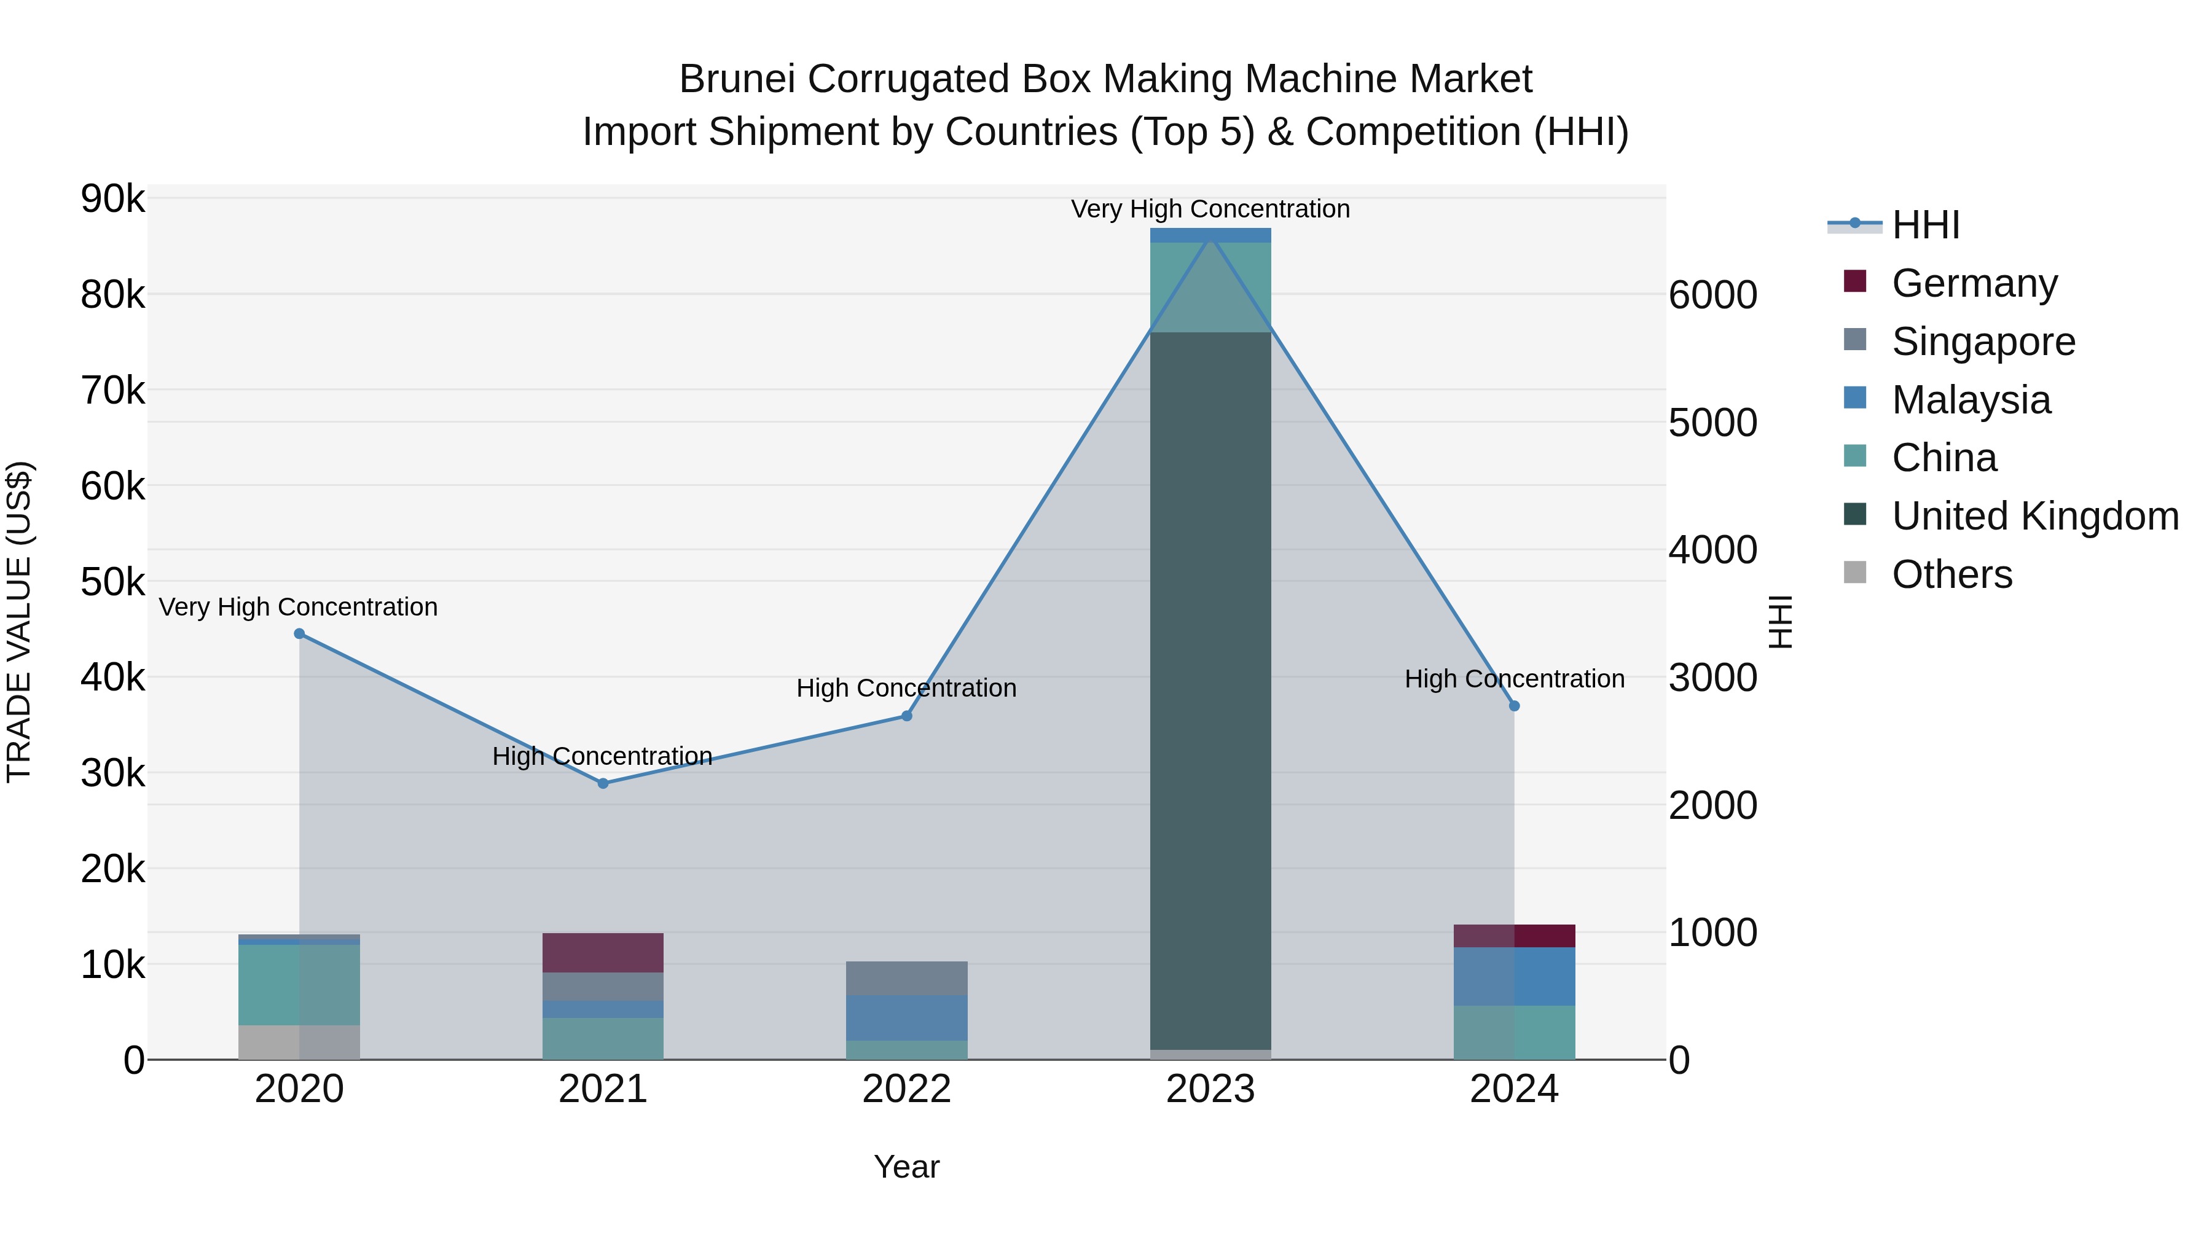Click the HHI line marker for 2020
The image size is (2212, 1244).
point(299,633)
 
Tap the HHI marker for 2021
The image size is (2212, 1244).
point(603,783)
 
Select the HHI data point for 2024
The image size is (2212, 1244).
point(1515,706)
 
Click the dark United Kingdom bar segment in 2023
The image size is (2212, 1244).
point(1210,687)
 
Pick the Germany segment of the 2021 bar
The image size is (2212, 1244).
point(603,952)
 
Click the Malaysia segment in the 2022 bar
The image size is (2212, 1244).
point(907,1017)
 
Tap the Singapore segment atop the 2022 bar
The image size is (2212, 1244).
point(907,978)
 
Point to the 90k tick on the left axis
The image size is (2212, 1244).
point(112,199)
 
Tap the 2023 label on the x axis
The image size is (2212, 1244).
point(1210,1089)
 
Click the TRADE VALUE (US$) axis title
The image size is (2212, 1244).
point(19,622)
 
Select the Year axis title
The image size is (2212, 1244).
point(907,1167)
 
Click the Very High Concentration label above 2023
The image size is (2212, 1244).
point(1210,209)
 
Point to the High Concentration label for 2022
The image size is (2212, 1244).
point(907,687)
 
